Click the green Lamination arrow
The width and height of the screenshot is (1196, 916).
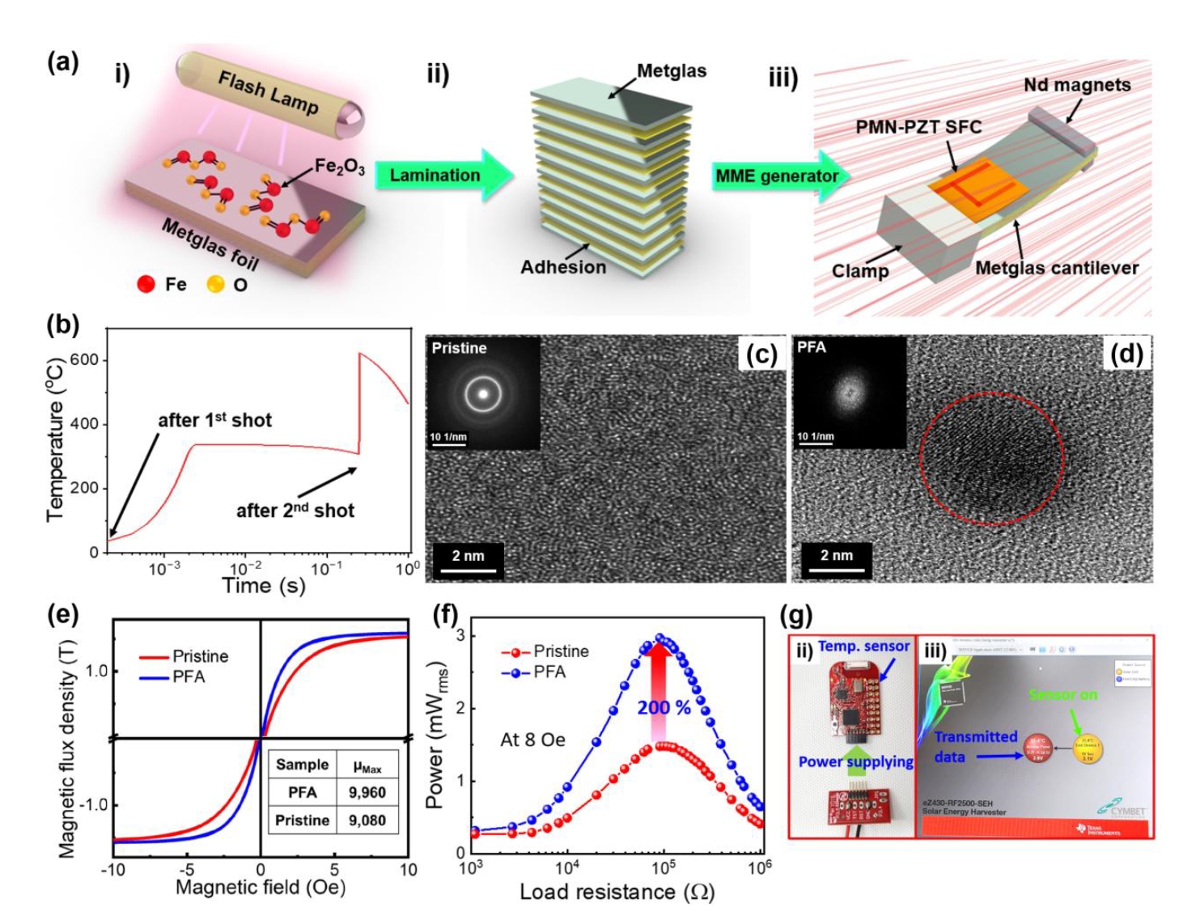[441, 176]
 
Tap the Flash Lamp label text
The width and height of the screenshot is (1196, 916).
[268, 92]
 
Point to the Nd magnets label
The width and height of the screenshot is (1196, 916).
[1076, 85]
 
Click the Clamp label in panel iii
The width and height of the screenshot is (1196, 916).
[859, 271]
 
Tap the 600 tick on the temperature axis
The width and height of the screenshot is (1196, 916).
[84, 359]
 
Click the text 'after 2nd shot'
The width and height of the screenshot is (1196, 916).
[295, 511]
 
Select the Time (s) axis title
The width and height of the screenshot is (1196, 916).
[264, 585]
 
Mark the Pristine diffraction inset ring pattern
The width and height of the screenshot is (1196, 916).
[483, 394]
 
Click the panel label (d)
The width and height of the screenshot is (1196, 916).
[1127, 354]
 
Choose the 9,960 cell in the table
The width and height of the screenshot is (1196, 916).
[367, 792]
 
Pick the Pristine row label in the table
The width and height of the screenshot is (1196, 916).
[302, 820]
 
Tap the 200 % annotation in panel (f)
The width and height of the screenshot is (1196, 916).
[664, 708]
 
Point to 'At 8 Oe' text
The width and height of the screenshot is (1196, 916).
[532, 740]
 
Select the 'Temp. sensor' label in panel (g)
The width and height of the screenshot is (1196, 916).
[863, 647]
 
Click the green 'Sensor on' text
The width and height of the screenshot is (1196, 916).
[1063, 694]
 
